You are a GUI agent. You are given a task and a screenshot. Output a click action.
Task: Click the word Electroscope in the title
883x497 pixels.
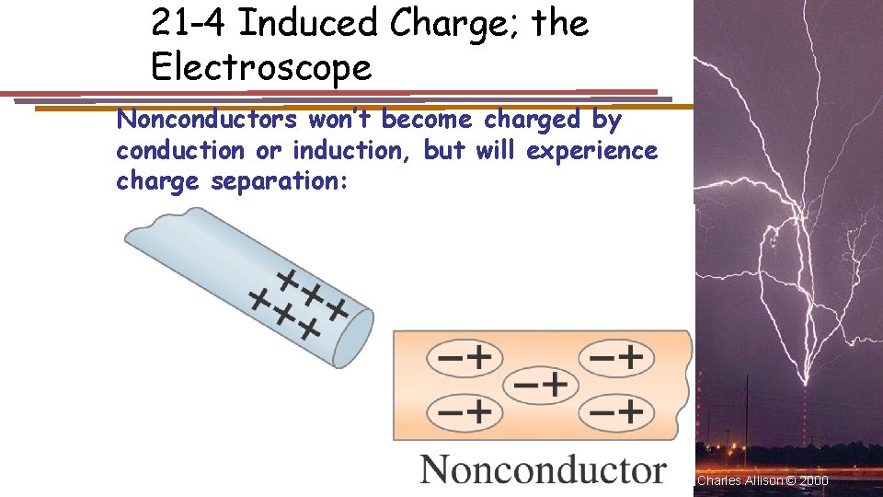click(x=261, y=66)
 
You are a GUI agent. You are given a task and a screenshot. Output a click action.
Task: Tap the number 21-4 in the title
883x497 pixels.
click(x=187, y=23)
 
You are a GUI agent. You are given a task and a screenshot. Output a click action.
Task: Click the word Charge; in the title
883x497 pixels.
click(x=454, y=23)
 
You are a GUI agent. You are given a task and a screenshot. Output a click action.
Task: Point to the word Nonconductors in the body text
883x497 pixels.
click(x=207, y=120)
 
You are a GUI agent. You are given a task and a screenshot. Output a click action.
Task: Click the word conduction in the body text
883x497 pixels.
click(x=180, y=150)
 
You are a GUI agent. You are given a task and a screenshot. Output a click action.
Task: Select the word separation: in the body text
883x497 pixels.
click(x=280, y=181)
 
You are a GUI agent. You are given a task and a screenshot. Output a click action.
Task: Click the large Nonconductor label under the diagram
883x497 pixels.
click(x=543, y=469)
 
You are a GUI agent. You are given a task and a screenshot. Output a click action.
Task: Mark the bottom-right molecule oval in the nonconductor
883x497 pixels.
click(x=614, y=410)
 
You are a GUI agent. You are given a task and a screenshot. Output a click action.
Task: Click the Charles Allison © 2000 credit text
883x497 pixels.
click(x=763, y=480)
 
